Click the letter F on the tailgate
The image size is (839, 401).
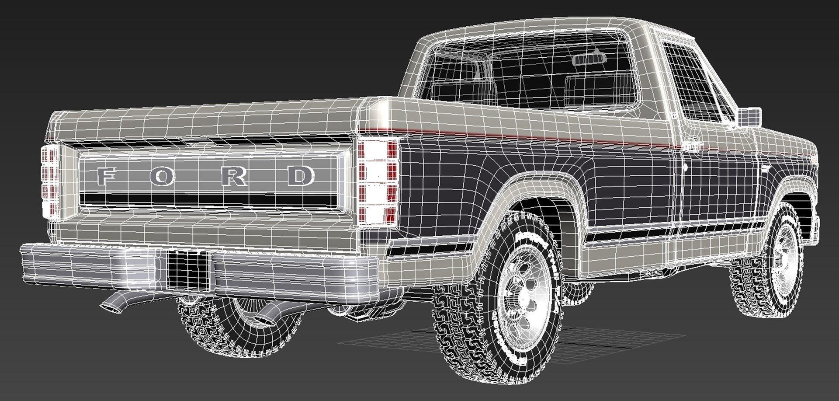point(105,176)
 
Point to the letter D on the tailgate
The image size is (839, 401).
point(302,175)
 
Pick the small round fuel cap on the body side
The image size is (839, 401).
point(687,167)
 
